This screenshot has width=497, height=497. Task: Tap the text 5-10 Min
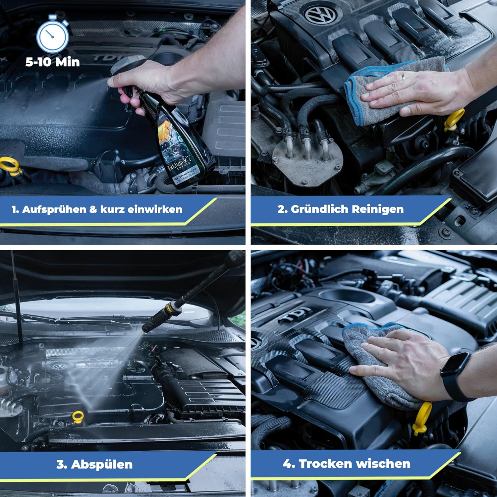[53, 62]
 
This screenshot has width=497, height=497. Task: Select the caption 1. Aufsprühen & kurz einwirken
[97, 209]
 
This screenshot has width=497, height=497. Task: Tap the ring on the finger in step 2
[403, 77]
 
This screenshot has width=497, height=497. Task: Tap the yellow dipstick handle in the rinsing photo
[78, 416]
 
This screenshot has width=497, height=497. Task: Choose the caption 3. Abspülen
[94, 464]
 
